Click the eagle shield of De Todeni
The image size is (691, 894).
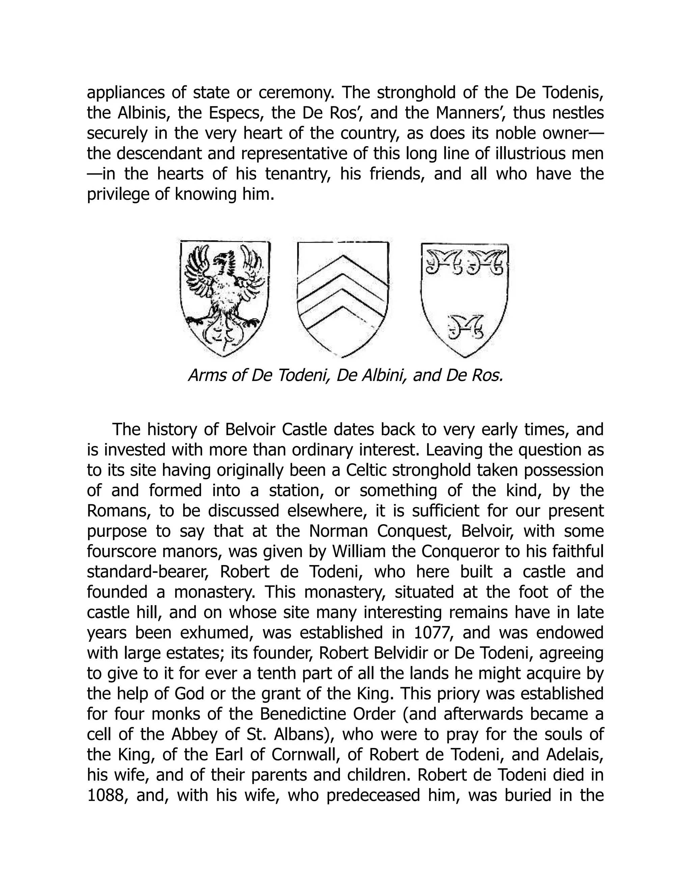point(225,299)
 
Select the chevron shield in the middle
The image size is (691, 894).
point(343,299)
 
